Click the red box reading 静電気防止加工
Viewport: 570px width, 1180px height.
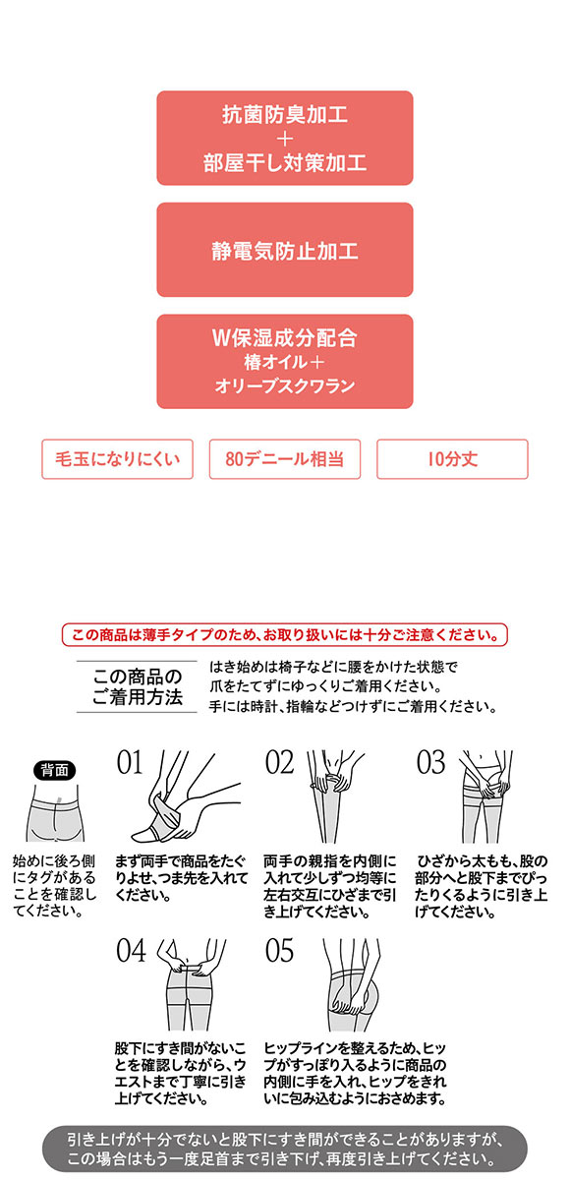point(284,250)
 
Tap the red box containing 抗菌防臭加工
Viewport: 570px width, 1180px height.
point(284,138)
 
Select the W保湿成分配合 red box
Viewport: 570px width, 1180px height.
point(284,361)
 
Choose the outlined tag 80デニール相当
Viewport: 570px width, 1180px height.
point(285,459)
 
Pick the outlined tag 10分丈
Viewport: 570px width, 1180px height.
point(452,459)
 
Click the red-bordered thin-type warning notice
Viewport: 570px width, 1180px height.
point(284,634)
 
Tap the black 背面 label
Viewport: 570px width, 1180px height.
point(54,770)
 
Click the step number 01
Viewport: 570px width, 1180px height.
point(130,763)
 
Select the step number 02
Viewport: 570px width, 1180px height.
point(280,763)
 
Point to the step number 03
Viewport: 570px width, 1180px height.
point(430,763)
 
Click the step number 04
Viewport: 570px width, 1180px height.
point(131,950)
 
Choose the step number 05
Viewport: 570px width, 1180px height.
point(280,950)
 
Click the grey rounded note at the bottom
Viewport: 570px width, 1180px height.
point(284,1147)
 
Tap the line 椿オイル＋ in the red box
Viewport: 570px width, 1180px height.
point(284,363)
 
